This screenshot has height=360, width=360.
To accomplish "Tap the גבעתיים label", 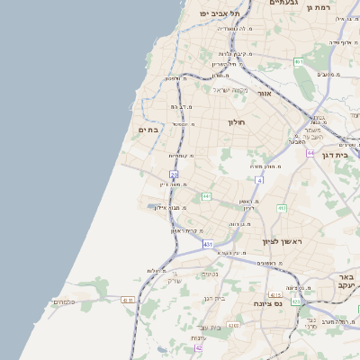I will point(284,4).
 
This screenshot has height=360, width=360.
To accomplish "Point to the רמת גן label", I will point(343,7).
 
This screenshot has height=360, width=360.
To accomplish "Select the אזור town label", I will point(264,93).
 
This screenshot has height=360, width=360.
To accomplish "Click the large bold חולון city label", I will point(236,121).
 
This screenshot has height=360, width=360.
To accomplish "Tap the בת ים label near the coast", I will point(148,130).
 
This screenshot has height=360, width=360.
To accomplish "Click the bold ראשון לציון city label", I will point(280,241).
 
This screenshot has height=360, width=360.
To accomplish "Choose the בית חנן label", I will point(214,298).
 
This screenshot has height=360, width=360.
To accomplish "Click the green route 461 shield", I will point(298,61).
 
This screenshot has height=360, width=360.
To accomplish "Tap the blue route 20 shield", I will point(174,175).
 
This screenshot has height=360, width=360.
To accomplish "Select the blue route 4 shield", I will point(259,181).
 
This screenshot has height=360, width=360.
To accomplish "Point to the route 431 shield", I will point(208,244).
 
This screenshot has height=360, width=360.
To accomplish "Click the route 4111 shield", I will point(127,300).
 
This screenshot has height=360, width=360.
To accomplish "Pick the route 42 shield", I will point(198,347).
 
